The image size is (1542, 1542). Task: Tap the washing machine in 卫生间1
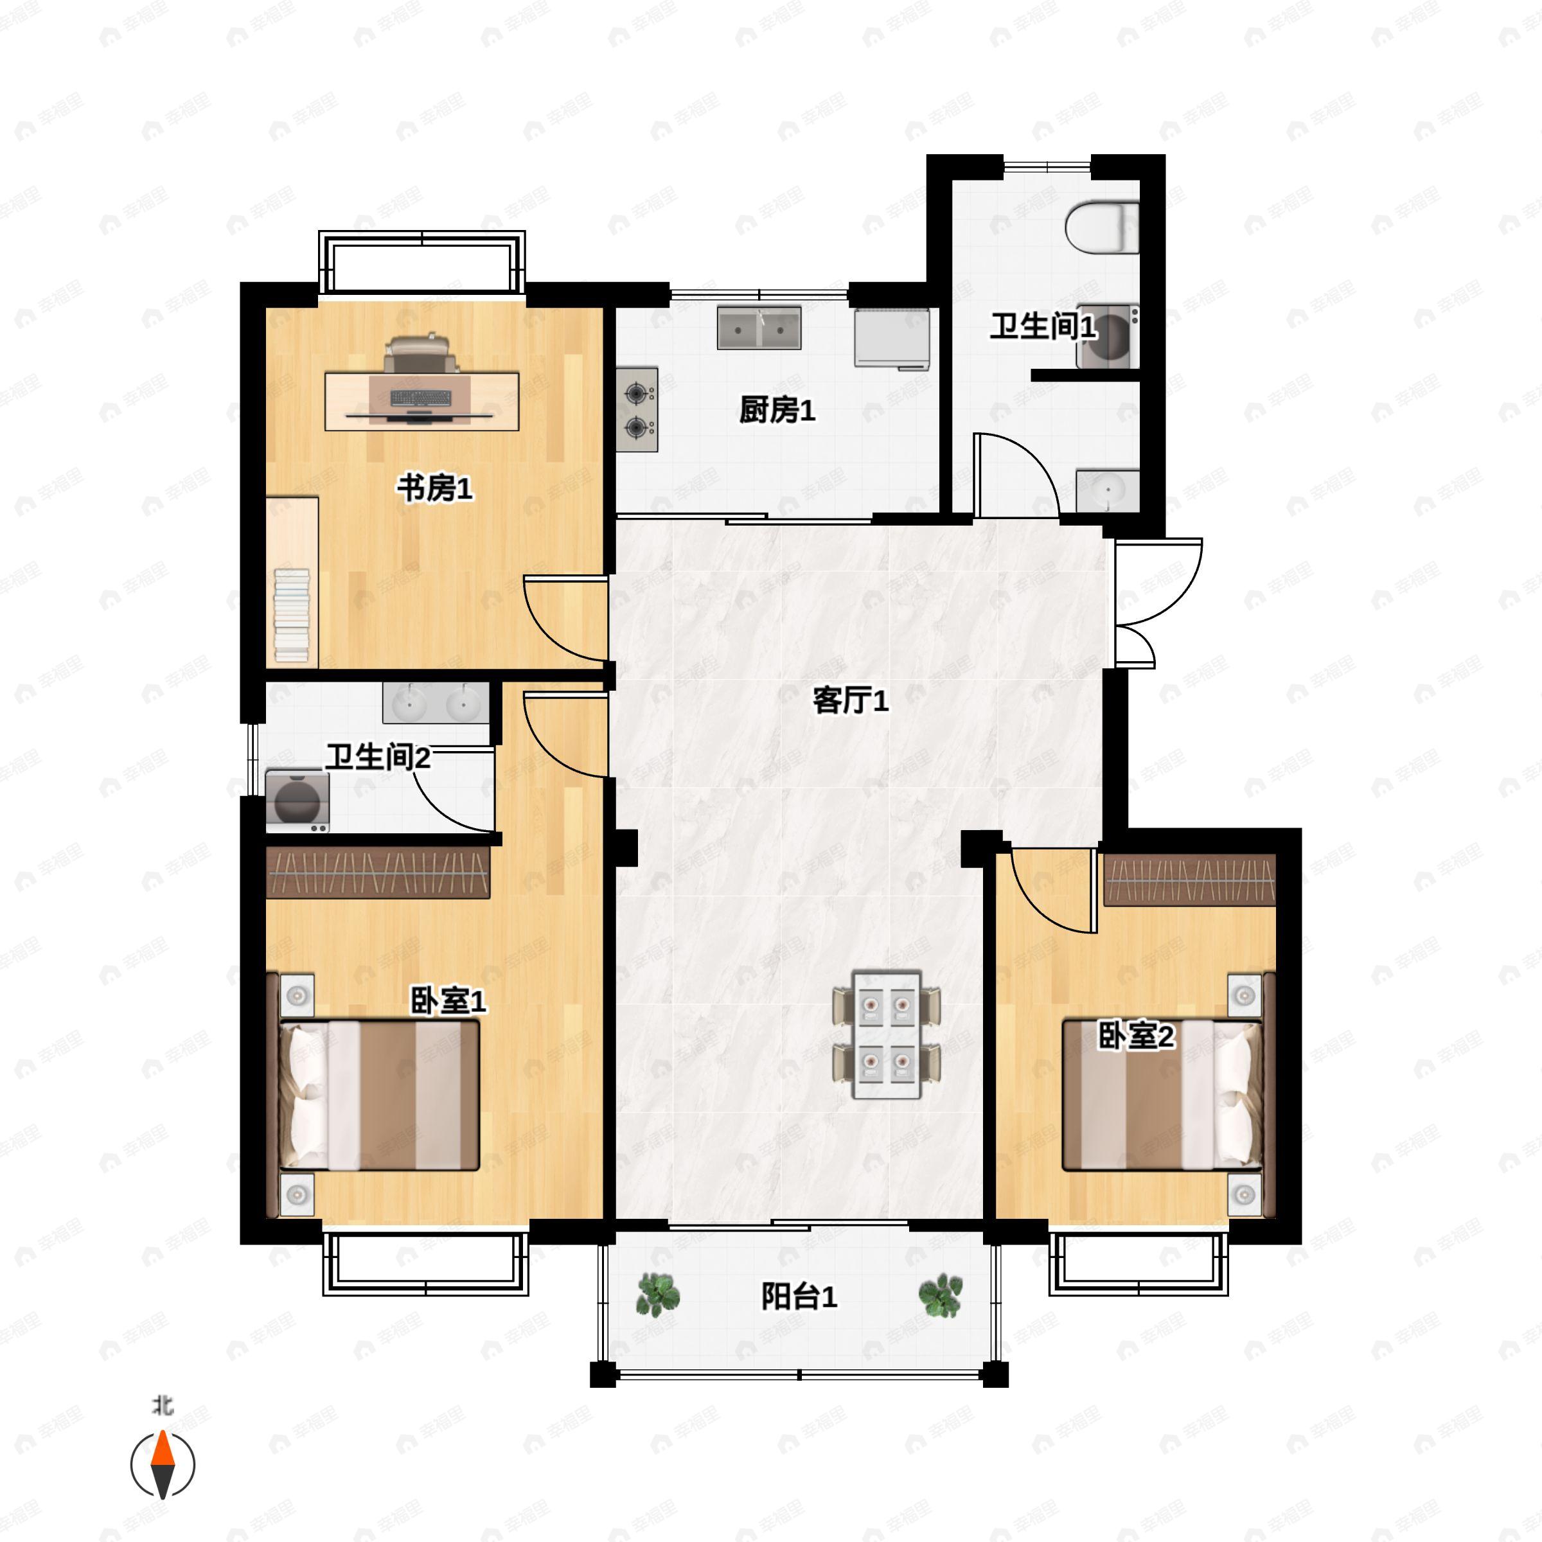[x=1107, y=336]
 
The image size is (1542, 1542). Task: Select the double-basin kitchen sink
[x=759, y=328]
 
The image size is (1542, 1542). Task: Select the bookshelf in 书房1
[x=292, y=583]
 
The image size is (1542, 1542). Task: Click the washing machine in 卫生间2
[x=297, y=801]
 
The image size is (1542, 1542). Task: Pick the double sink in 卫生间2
[x=436, y=703]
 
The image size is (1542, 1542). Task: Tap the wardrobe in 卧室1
[x=378, y=873]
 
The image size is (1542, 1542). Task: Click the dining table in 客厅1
[x=887, y=1034]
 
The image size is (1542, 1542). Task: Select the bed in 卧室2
[x=1162, y=1095]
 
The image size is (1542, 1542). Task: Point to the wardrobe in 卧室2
[x=1189, y=880]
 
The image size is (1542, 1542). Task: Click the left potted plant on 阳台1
[x=658, y=1295]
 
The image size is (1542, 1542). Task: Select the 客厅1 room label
[x=850, y=701]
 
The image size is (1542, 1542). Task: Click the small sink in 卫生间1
[x=1108, y=490]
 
